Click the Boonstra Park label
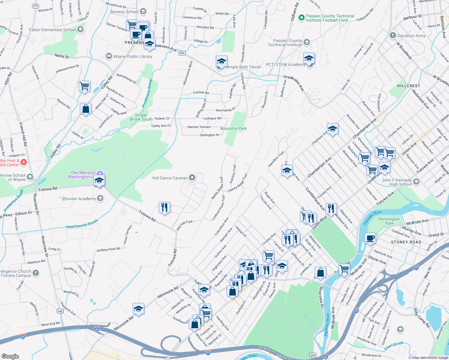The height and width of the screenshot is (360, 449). coord(233,128)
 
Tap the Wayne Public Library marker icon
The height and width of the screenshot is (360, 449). coord(109,56)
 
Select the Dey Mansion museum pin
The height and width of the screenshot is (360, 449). coord(100,174)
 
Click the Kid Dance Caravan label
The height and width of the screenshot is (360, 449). coord(170,178)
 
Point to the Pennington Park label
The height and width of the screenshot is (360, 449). coord(389,221)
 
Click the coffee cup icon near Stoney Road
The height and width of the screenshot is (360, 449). coord(370,238)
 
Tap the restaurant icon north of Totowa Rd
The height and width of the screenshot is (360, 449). coord(164,208)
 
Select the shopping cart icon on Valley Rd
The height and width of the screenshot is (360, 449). coord(85,86)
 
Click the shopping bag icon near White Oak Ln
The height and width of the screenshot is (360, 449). coord(86,109)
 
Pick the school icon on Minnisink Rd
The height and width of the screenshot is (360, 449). coord(138,309)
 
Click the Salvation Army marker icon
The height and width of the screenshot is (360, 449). coord(393,35)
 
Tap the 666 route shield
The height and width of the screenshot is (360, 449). coord(182,53)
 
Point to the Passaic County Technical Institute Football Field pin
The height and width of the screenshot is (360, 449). coord(301,18)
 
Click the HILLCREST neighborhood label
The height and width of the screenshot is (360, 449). coord(408,86)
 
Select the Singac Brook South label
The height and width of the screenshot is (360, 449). coord(141,117)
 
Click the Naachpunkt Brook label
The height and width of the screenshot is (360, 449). coord(82,224)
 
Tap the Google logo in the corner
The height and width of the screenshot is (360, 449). coord(10,356)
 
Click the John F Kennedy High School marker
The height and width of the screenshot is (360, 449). coord(416,181)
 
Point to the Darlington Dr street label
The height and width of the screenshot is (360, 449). coord(209,135)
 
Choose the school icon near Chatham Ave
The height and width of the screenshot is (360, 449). coord(333,129)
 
